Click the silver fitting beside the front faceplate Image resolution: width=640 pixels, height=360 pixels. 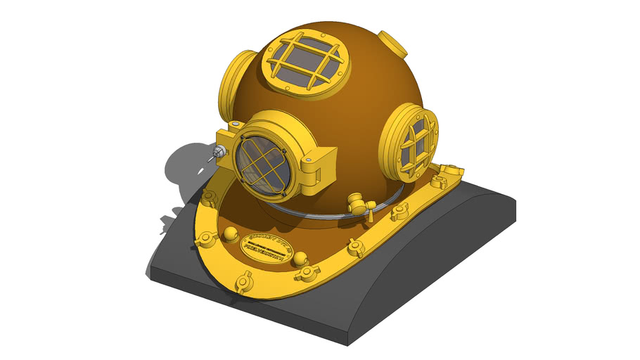[220, 150]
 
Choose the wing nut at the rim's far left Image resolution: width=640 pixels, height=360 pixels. [208, 196]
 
